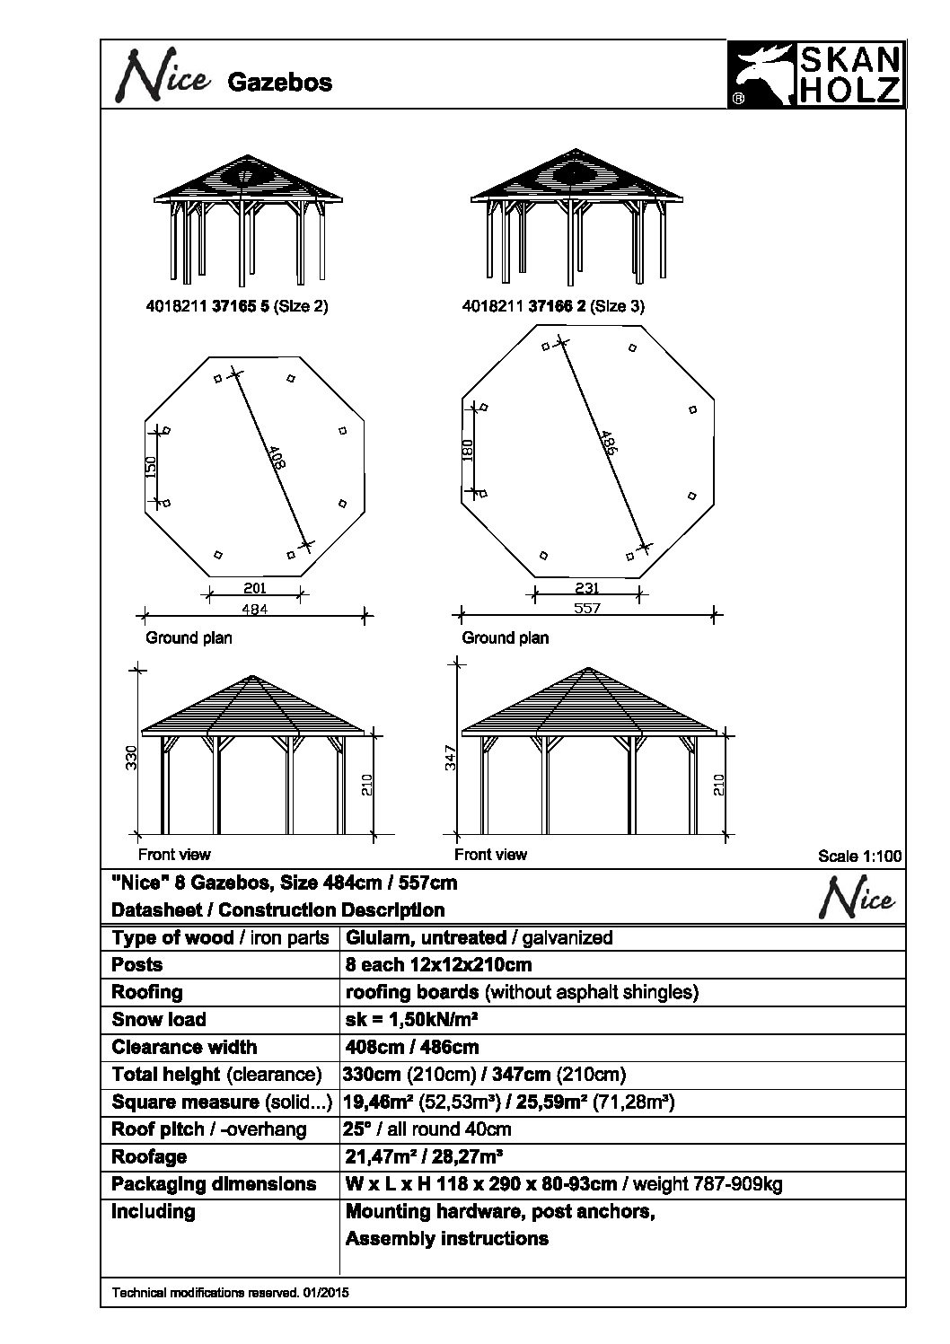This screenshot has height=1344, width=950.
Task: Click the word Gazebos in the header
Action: (x=279, y=83)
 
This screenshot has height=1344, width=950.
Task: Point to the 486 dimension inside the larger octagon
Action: (x=608, y=443)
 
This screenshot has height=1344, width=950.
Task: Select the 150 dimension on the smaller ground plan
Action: (x=152, y=466)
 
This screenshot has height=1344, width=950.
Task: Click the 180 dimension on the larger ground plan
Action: (x=467, y=449)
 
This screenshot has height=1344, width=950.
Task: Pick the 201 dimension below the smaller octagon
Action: (x=255, y=588)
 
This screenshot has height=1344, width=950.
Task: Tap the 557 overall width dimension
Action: (x=587, y=608)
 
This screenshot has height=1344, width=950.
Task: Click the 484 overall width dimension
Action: (x=255, y=609)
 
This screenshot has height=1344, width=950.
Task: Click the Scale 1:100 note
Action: (x=858, y=856)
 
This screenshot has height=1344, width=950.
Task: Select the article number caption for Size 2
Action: (x=237, y=306)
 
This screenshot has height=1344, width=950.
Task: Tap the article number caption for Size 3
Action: (x=553, y=306)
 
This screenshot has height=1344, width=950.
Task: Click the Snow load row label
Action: (x=159, y=1020)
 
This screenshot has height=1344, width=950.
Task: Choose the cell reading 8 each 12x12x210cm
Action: (x=438, y=965)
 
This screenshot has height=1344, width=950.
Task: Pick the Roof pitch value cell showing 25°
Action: (x=427, y=1129)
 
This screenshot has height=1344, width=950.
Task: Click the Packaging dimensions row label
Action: (x=214, y=1184)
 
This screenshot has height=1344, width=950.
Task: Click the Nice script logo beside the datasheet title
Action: (x=858, y=900)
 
